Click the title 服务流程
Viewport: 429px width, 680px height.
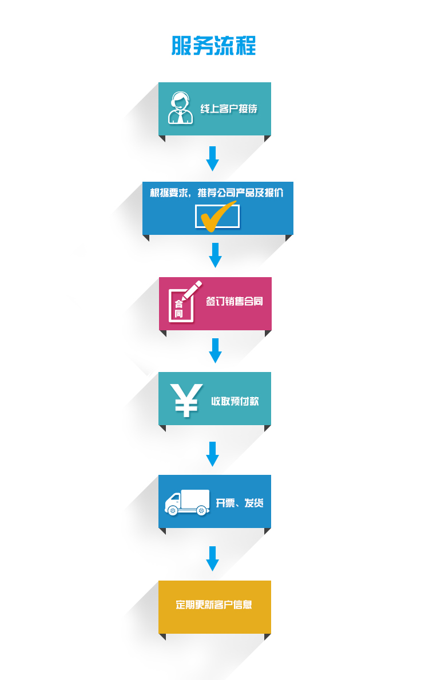click(x=214, y=46)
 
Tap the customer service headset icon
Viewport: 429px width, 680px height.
click(x=180, y=109)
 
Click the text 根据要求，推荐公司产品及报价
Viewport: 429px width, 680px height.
click(x=217, y=193)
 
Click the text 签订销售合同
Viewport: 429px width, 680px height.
click(x=235, y=301)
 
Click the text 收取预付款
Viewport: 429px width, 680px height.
click(x=235, y=401)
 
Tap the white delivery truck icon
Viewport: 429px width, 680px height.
click(x=187, y=502)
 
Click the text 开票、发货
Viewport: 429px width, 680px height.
click(x=240, y=503)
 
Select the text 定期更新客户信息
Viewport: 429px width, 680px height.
click(x=214, y=605)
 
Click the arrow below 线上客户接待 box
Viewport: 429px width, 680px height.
click(x=212, y=158)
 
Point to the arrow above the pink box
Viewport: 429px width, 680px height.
click(x=215, y=255)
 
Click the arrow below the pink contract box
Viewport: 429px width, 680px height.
click(x=215, y=350)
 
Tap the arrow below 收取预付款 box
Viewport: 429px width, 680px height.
click(x=212, y=454)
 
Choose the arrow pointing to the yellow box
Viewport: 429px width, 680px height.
click(x=212, y=558)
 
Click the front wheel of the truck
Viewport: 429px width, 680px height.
click(x=172, y=510)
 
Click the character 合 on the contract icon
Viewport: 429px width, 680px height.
click(x=178, y=304)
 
